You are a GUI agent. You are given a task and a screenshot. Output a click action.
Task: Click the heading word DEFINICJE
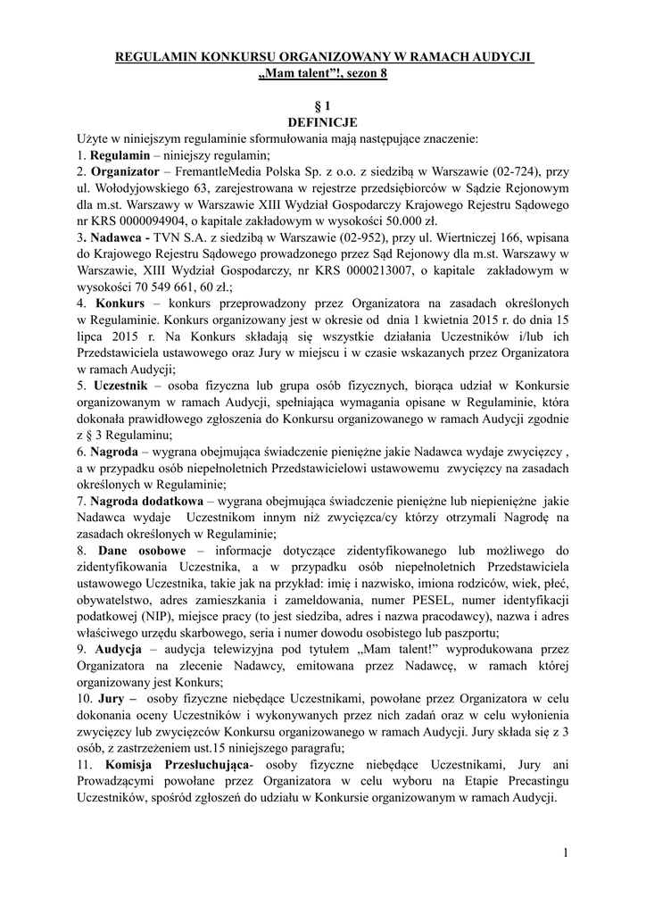pos(322,122)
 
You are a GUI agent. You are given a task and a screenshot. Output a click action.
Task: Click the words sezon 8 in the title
pos(366,74)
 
